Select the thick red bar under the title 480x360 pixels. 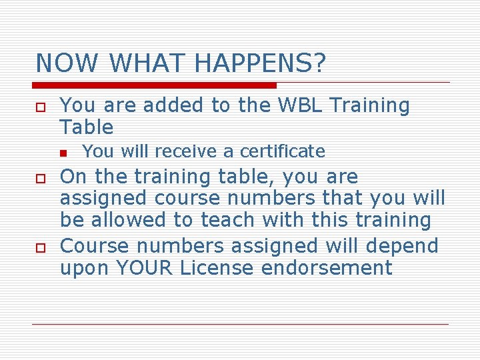(x=155, y=85)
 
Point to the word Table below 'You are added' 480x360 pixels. (x=87, y=127)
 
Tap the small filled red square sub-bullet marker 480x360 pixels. (x=63, y=153)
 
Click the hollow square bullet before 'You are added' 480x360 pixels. (x=41, y=107)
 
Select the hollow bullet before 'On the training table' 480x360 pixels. (x=41, y=179)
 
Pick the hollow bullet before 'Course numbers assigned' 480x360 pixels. (x=41, y=247)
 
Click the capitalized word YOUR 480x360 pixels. (x=142, y=268)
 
